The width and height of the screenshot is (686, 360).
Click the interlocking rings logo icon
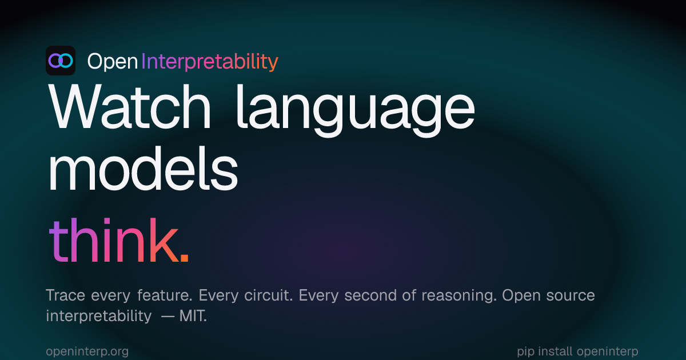pyautogui.click(x=60, y=61)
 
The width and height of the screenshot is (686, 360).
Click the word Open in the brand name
pyautogui.click(x=112, y=61)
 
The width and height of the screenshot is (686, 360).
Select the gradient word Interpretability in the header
pyautogui.click(x=209, y=61)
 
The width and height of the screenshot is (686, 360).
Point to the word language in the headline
pyautogui.click(x=354, y=111)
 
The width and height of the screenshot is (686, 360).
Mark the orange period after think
pyautogui.click(x=184, y=260)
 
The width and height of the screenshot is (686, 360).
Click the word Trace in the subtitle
pyautogui.click(x=65, y=296)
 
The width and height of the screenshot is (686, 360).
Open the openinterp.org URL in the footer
pyautogui.click(x=87, y=351)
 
